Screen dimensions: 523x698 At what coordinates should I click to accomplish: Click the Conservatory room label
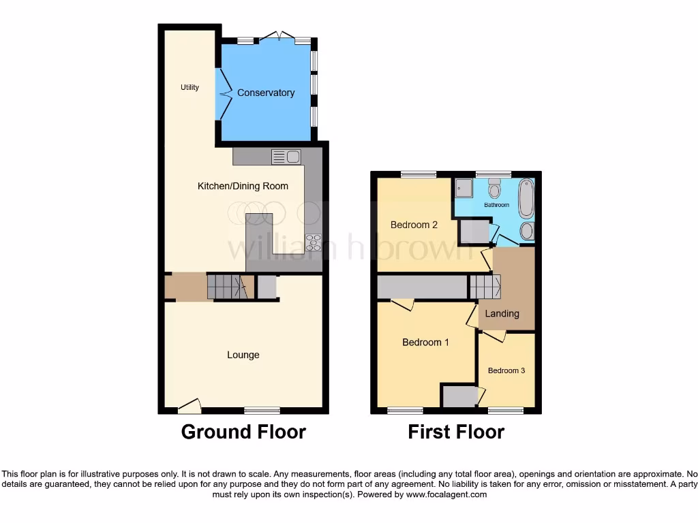[266, 93]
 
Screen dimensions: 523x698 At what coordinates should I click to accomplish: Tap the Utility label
[189, 87]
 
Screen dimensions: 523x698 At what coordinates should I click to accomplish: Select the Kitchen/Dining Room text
[243, 186]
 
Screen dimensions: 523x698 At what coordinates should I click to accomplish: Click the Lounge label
[243, 355]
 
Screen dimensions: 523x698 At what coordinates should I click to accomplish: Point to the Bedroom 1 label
[425, 343]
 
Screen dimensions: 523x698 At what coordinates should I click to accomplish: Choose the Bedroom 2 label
[414, 225]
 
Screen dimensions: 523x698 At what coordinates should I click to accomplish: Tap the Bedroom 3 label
[506, 370]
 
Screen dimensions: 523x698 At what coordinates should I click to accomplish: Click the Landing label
[502, 314]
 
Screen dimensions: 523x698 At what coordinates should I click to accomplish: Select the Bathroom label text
[496, 205]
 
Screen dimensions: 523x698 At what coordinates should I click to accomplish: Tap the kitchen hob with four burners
[314, 242]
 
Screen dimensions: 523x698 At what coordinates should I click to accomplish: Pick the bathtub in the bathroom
[527, 197]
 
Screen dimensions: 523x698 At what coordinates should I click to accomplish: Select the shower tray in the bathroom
[464, 186]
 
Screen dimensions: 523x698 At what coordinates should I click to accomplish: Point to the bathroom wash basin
[527, 231]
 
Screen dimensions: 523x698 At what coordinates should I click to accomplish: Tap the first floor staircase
[485, 286]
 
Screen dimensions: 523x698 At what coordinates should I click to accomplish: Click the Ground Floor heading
[243, 432]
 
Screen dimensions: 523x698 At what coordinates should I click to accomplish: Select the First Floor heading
[456, 432]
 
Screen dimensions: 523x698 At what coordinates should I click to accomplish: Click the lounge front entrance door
[189, 406]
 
